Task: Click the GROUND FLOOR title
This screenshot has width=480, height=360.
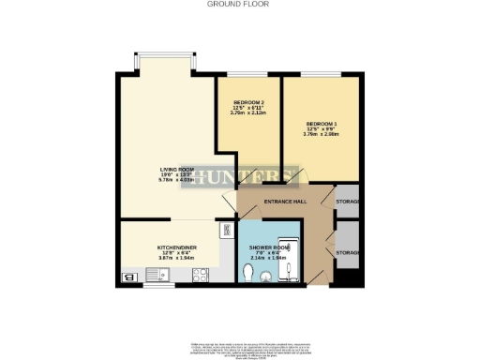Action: pyautogui.click(x=240, y=4)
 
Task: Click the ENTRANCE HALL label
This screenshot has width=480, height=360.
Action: pyautogui.click(x=285, y=202)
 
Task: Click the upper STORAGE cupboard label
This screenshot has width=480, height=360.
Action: pyautogui.click(x=349, y=202)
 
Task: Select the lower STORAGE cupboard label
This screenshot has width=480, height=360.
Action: pyautogui.click(x=349, y=252)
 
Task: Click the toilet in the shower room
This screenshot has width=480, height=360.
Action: pyautogui.click(x=247, y=272)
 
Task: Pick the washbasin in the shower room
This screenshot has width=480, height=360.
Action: pyautogui.click(x=267, y=276)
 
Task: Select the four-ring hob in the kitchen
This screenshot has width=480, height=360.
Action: pyautogui.click(x=199, y=275)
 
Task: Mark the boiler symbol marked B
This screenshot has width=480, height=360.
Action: pyautogui.click(x=128, y=276)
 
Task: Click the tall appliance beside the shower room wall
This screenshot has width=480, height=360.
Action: pyautogui.click(x=226, y=230)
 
